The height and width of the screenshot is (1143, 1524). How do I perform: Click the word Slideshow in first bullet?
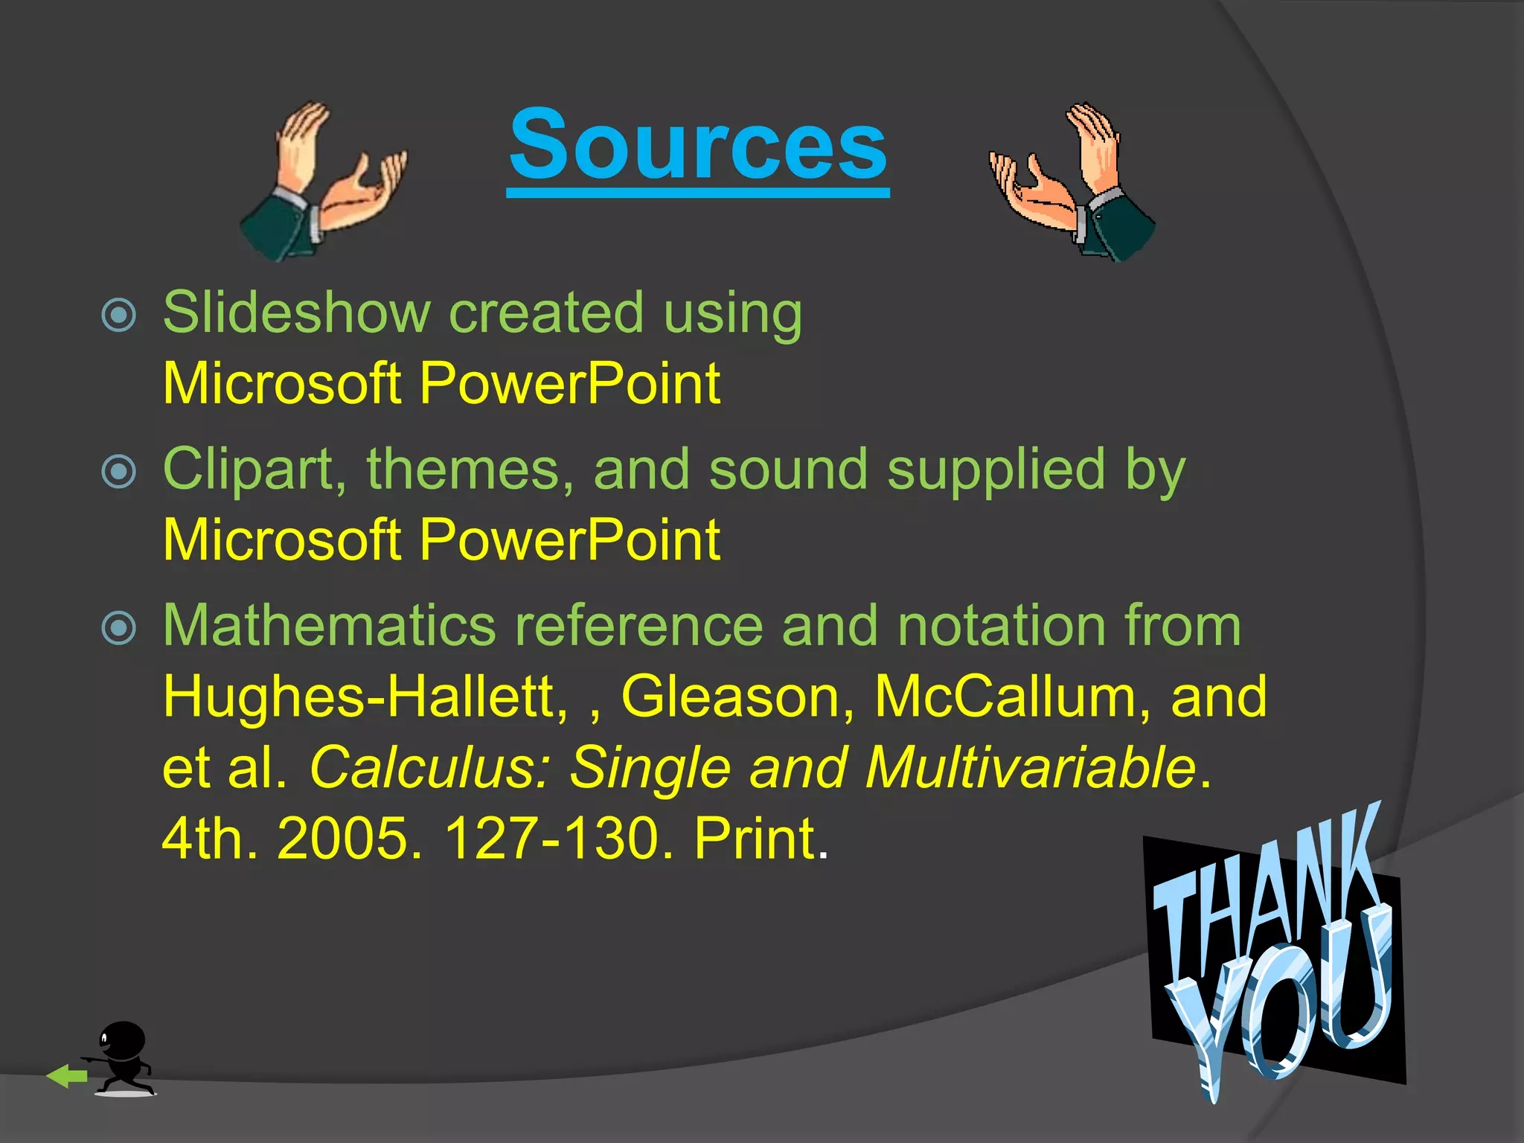coord(296,313)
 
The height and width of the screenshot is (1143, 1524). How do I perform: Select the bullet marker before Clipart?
coord(119,471)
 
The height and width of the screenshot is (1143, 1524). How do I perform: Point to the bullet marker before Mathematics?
coord(119,628)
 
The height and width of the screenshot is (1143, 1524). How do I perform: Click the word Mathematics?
coord(328,626)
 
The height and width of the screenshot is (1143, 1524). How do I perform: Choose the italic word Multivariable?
coord(1031,768)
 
